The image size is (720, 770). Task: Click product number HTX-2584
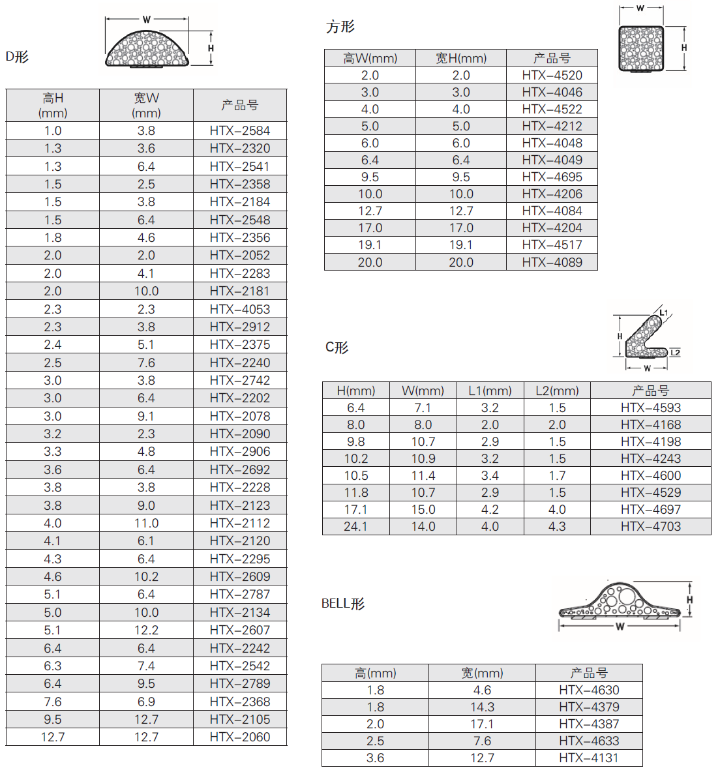click(239, 131)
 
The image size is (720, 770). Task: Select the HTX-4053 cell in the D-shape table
click(239, 310)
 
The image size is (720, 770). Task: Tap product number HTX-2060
click(239, 737)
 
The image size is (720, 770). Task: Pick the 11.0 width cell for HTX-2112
click(146, 524)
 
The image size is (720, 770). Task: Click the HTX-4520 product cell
click(552, 76)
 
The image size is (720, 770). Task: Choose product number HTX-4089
click(552, 263)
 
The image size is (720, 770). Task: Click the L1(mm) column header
click(490, 391)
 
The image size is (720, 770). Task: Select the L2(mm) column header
click(557, 391)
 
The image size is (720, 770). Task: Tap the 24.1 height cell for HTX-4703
click(355, 527)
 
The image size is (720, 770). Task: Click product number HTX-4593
click(650, 408)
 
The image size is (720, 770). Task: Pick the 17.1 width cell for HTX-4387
click(482, 724)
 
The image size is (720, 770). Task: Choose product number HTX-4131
click(589, 758)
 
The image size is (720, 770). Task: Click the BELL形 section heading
click(343, 604)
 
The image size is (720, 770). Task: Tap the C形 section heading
click(337, 348)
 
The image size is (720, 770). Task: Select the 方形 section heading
click(340, 27)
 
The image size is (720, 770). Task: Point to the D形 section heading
click(17, 57)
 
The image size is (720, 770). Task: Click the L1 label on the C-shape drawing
click(663, 313)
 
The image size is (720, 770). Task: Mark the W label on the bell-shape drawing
click(620, 627)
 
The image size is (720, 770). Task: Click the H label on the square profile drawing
click(684, 48)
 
